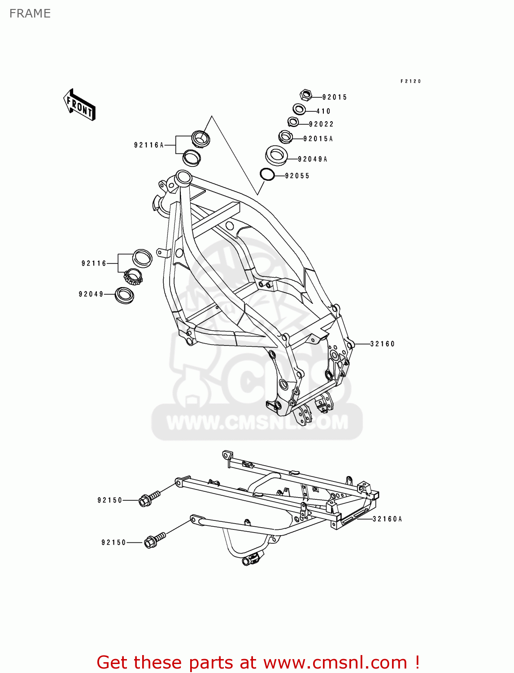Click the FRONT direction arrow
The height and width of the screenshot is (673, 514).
pos(79,105)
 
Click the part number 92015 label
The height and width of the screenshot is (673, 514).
pos(335,97)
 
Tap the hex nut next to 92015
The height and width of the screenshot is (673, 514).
pos(305,95)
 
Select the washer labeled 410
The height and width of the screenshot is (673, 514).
pos(299,109)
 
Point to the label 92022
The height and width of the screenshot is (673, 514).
pos(321,124)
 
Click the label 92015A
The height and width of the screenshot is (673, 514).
pos(318,139)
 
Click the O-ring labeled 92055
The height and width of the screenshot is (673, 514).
pos(267,174)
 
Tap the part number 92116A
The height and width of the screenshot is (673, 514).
pos(149,145)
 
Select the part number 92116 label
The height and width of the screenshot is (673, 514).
pos(94,263)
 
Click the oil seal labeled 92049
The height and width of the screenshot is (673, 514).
pos(124,295)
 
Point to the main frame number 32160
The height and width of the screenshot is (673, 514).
pos(383,344)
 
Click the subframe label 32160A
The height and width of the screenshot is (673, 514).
pos(387,519)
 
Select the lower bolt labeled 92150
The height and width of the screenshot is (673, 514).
pos(155,540)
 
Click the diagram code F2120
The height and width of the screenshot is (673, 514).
pos(411,81)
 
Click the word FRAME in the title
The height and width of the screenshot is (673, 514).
pos(30,13)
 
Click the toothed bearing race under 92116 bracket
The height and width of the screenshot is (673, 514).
pos(133,276)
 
